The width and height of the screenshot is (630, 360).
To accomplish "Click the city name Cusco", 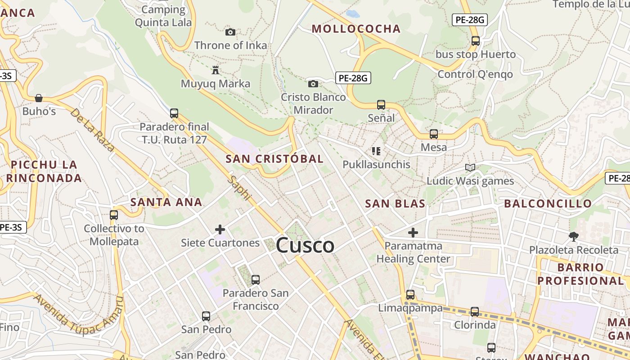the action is pyautogui.click(x=305, y=246).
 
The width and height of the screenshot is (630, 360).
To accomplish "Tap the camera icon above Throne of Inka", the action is pyautogui.click(x=230, y=32).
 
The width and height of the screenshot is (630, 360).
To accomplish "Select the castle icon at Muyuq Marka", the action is pyautogui.click(x=216, y=70).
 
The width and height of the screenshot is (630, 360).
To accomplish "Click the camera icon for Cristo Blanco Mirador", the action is pyautogui.click(x=313, y=84).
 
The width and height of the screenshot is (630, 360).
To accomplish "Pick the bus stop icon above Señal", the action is pyautogui.click(x=381, y=105).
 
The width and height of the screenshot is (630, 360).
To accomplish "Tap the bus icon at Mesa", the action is pyautogui.click(x=434, y=134).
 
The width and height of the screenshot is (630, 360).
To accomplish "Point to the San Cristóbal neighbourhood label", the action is pyautogui.click(x=274, y=159).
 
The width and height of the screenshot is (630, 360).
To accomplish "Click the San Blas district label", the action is pyautogui.click(x=395, y=203).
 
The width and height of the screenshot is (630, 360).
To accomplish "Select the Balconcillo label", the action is pyautogui.click(x=548, y=203).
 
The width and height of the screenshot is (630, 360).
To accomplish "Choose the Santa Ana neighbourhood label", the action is pyautogui.click(x=166, y=202).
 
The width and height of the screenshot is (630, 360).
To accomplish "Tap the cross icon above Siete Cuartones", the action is pyautogui.click(x=220, y=230).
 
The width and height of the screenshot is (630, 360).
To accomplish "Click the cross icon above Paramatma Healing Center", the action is pyautogui.click(x=413, y=233).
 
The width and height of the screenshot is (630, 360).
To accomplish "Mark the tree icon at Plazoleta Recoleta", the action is pyautogui.click(x=573, y=236).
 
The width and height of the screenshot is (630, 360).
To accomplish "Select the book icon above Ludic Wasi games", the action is pyautogui.click(x=470, y=168).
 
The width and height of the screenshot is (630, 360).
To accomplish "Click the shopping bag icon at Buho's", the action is pyautogui.click(x=39, y=98).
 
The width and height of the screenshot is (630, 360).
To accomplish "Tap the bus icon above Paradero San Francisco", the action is pyautogui.click(x=256, y=280).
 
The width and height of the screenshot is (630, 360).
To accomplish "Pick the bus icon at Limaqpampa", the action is pyautogui.click(x=410, y=295).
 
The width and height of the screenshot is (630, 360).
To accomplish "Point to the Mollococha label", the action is pyautogui.click(x=356, y=29).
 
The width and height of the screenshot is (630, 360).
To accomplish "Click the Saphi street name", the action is pyautogui.click(x=239, y=188).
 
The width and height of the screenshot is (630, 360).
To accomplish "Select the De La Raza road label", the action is pyautogui.click(x=92, y=130).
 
